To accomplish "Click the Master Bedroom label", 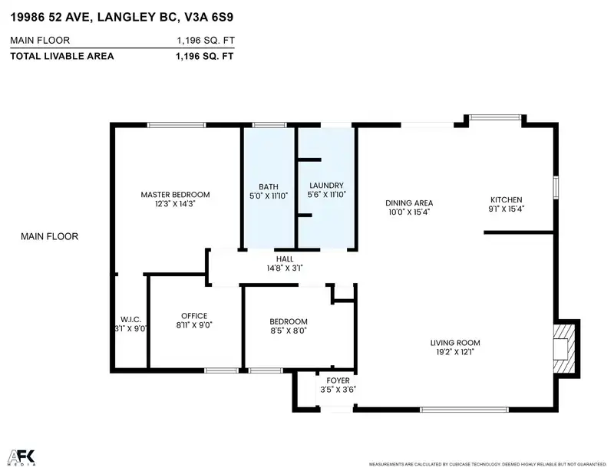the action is pyautogui.click(x=175, y=195).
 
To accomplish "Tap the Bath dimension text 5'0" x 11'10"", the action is pyautogui.click(x=269, y=196).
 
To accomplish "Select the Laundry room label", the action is pyautogui.click(x=327, y=186).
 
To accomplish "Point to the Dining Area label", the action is pyautogui.click(x=409, y=202).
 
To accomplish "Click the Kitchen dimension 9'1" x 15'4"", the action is pyautogui.click(x=507, y=209).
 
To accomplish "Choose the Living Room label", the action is pyautogui.click(x=455, y=343).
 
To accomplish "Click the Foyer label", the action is pyautogui.click(x=338, y=380).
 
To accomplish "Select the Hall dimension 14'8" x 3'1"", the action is pyautogui.click(x=285, y=268).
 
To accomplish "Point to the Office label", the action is pyautogui.click(x=194, y=316).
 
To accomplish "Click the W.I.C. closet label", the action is pyautogui.click(x=130, y=319).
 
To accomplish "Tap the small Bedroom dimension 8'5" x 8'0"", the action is pyautogui.click(x=289, y=331).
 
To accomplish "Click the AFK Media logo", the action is pyautogui.click(x=22, y=458).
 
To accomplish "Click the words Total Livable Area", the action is pyautogui.click(x=62, y=56).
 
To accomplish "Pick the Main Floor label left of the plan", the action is pyautogui.click(x=49, y=236).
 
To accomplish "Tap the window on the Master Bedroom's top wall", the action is pyautogui.click(x=177, y=125).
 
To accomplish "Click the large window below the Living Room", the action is pyautogui.click(x=464, y=410).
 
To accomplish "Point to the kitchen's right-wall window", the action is pyautogui.click(x=556, y=188).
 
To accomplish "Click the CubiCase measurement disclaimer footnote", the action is pyautogui.click(x=487, y=464).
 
